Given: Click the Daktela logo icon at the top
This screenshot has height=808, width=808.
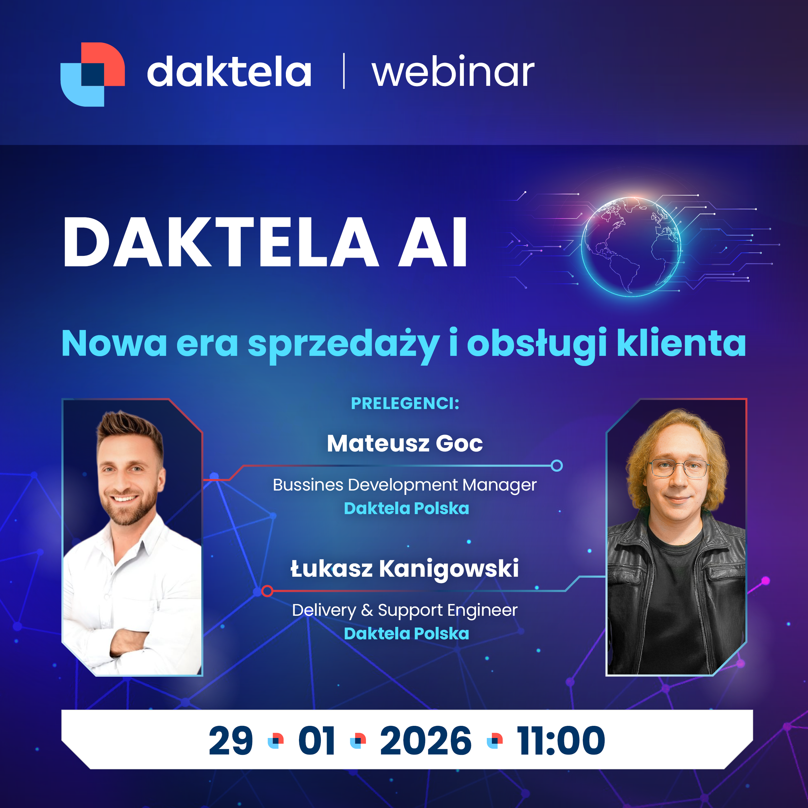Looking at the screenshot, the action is pyautogui.click(x=93, y=74).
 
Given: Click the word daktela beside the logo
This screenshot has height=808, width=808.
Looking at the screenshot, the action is pyautogui.click(x=229, y=71).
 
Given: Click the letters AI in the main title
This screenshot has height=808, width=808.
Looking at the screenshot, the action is pyautogui.click(x=432, y=242).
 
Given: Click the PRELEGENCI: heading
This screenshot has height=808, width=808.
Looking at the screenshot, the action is pyautogui.click(x=405, y=404).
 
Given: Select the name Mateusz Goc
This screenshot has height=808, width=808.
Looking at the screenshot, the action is pyautogui.click(x=405, y=443).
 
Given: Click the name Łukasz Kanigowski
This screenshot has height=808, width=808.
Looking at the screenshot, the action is pyautogui.click(x=405, y=569).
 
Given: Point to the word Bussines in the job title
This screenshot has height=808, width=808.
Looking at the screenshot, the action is pyautogui.click(x=308, y=485).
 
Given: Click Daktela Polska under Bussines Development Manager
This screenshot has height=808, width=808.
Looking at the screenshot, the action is pyautogui.click(x=406, y=509).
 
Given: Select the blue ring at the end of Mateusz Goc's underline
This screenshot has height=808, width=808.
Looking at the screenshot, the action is pyautogui.click(x=557, y=466).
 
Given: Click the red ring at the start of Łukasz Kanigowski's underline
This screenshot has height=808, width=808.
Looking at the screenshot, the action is pyautogui.click(x=267, y=591).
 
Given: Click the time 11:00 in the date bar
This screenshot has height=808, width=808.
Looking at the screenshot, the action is pyautogui.click(x=561, y=741).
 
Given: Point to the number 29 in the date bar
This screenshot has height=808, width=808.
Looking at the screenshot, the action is pyautogui.click(x=231, y=741).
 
